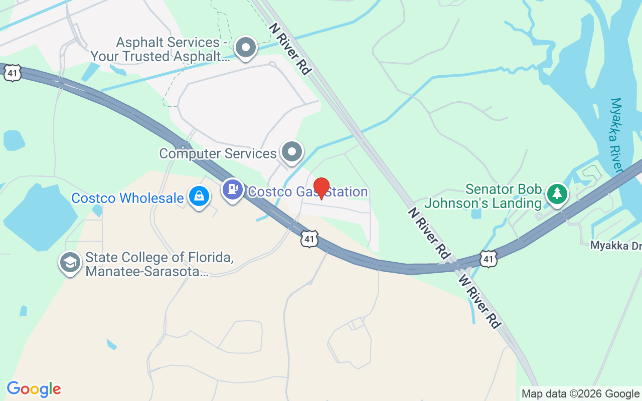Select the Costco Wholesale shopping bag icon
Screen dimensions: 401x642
pyautogui.click(x=199, y=196)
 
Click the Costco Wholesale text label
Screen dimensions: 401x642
pyautogui.click(x=127, y=198)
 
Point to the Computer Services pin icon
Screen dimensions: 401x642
pyautogui.click(x=291, y=151)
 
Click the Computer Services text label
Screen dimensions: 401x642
pyautogui.click(x=218, y=153)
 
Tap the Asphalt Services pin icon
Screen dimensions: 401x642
pyautogui.click(x=246, y=48)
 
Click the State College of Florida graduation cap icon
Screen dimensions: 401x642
pyautogui.click(x=70, y=262)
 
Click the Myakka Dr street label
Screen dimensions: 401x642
pyautogui.click(x=615, y=246)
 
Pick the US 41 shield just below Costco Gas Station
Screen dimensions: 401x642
pyautogui.click(x=309, y=239)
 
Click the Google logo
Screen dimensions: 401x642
pyautogui.click(x=34, y=389)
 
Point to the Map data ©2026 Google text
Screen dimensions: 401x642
pyautogui.click(x=580, y=393)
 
